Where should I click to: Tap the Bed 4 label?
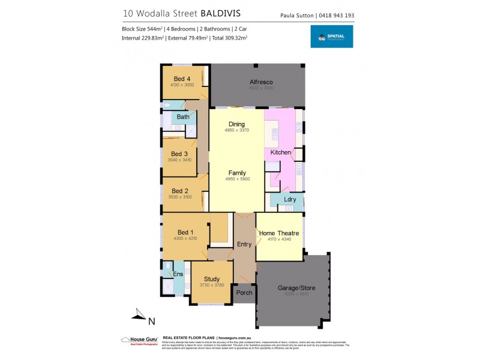pyautogui.click(x=182, y=79)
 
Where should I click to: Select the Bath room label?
pyautogui.click(x=182, y=116)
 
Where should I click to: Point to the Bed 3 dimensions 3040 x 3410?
pyautogui.click(x=181, y=160)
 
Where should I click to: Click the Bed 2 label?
pyautogui.click(x=180, y=191)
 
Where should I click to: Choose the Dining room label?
pyautogui.click(x=236, y=124)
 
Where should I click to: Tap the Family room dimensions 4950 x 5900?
pyautogui.click(x=236, y=179)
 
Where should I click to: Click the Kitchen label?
pyautogui.click(x=280, y=152)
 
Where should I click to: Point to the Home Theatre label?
pyautogui.click(x=279, y=233)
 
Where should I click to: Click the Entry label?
pyautogui.click(x=244, y=244)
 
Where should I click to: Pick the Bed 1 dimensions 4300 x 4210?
pyautogui.click(x=185, y=239)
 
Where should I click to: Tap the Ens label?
pyautogui.click(x=178, y=274)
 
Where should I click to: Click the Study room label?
pyautogui.click(x=211, y=279)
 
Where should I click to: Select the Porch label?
pyautogui.click(x=244, y=293)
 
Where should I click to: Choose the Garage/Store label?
pyautogui.click(x=296, y=288)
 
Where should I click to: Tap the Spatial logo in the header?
pyautogui.click(x=331, y=37)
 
